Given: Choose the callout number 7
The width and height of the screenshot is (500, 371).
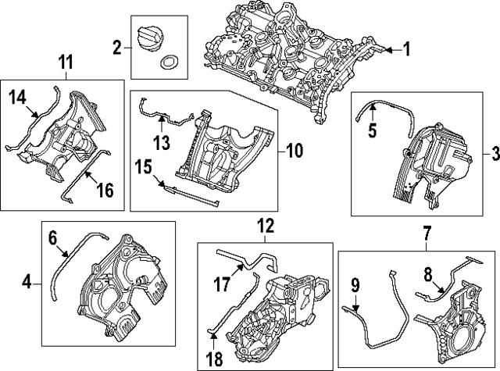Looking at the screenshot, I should pyautogui.click(x=427, y=233).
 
